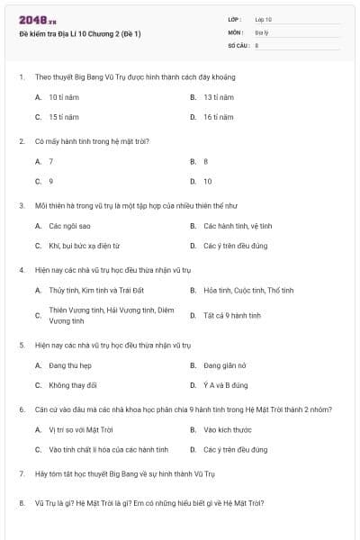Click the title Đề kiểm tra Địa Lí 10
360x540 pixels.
pyautogui.click(x=79, y=33)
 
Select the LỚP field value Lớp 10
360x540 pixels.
pyautogui.click(x=263, y=19)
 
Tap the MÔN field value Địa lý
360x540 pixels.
pyautogui.click(x=261, y=31)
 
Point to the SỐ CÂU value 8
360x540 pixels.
pyautogui.click(x=256, y=44)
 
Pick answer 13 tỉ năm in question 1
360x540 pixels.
pyautogui.click(x=218, y=96)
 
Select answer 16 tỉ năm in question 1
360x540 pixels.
pyautogui.click(x=218, y=117)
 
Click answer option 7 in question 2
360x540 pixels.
pyautogui.click(x=51, y=161)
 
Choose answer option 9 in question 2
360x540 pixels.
pyautogui.click(x=51, y=181)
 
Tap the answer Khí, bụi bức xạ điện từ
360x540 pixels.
pyautogui.click(x=84, y=246)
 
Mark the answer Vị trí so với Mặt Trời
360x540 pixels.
pyautogui.click(x=80, y=429)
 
